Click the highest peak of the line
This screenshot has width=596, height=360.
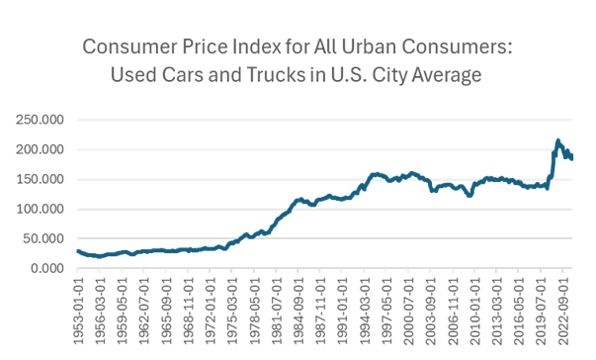point(558,140)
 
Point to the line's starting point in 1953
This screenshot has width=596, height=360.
point(77,250)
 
